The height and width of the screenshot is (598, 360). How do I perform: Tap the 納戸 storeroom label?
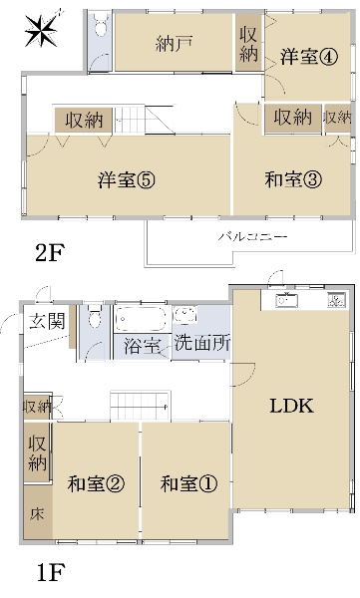point(174,44)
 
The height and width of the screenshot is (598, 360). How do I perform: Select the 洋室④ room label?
point(307,57)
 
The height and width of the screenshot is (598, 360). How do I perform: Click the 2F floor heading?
point(50,253)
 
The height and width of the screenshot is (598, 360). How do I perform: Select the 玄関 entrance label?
point(43,321)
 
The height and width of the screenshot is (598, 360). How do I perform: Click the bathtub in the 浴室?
point(141,320)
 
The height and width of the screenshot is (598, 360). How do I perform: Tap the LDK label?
point(292,406)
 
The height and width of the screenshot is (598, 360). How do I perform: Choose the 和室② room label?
point(97,484)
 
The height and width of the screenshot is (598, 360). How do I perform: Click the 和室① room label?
point(188,484)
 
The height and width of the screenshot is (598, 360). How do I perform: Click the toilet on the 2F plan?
point(97,31)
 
